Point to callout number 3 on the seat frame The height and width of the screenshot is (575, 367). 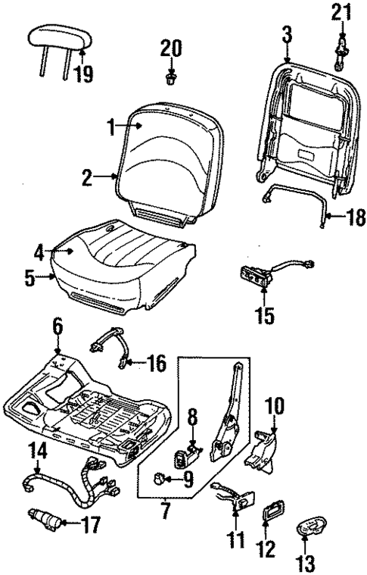click(x=286, y=34)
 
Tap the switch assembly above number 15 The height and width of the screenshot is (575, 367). click(x=256, y=276)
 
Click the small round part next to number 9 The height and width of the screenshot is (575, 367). click(x=161, y=477)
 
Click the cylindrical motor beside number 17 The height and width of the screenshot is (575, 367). click(x=45, y=520)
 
